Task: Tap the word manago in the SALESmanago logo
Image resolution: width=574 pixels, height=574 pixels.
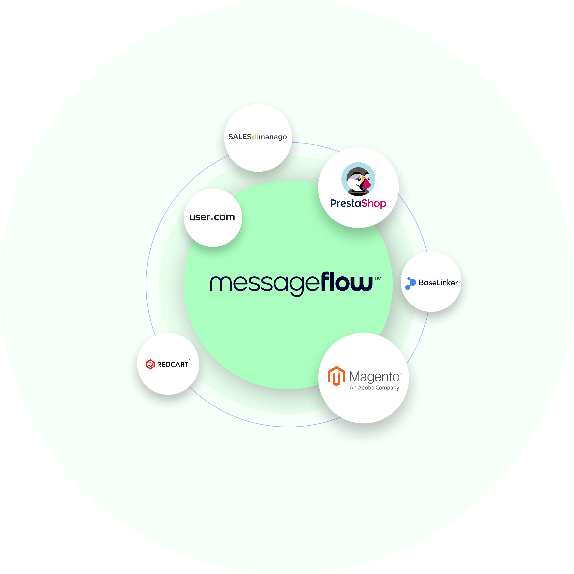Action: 273,137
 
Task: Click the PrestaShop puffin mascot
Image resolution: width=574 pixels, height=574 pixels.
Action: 358,179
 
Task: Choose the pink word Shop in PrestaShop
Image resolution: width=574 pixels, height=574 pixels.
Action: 374,204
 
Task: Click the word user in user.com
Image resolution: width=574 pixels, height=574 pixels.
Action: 200,217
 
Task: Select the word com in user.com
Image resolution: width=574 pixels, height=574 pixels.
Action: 224,217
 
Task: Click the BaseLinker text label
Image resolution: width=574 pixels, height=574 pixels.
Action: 438,283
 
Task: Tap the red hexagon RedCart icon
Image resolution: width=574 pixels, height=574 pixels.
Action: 150,364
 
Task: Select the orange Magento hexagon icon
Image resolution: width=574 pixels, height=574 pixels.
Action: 336,376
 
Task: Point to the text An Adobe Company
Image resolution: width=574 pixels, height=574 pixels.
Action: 374,388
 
